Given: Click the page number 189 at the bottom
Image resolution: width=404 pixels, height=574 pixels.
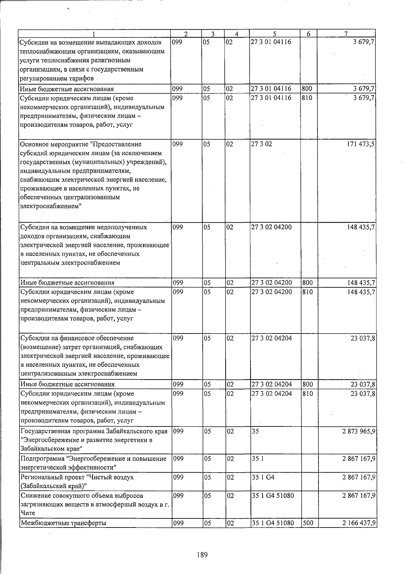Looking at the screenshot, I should pyautogui.click(x=202, y=554).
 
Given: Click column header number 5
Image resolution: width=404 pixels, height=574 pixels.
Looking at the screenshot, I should pyautogui.click(x=275, y=34).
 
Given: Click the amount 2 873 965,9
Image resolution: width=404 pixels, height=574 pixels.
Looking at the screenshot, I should pyautogui.click(x=359, y=431).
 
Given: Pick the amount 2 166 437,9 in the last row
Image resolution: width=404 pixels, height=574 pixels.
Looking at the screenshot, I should pyautogui.click(x=359, y=533).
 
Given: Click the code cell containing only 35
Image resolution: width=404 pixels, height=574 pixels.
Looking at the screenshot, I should pyautogui.click(x=255, y=431).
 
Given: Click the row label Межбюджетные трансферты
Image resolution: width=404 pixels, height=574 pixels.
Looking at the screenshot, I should pyautogui.click(x=63, y=533).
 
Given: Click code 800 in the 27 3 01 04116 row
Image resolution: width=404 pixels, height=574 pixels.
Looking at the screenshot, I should pyautogui.click(x=307, y=89).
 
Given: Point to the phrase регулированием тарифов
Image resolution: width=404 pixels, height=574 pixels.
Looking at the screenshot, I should pyautogui.click(x=57, y=78).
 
